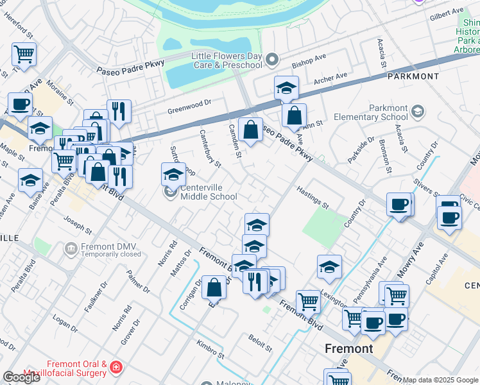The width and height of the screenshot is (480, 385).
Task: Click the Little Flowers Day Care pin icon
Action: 272,60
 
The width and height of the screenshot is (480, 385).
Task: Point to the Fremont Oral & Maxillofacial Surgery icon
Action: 116,368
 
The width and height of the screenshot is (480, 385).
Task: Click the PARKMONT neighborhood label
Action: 413,76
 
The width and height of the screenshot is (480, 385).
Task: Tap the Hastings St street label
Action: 313,197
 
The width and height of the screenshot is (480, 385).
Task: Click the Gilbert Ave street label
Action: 447,13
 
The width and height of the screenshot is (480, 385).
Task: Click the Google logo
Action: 21,377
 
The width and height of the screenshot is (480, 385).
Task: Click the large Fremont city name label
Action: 348,349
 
